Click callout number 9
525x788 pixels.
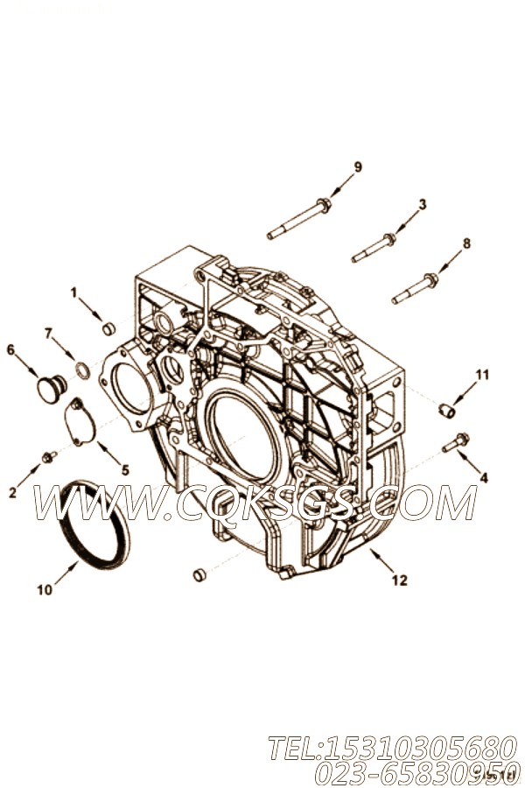tap(357, 166)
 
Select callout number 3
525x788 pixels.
tap(422, 204)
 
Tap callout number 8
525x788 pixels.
tap(466, 243)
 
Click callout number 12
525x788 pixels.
tap(400, 580)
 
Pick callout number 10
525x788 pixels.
tap(44, 590)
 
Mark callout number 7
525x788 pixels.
tap(49, 333)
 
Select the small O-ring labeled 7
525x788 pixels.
tap(80, 371)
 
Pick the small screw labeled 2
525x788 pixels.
tap(49, 456)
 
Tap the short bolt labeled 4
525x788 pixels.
tap(456, 444)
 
